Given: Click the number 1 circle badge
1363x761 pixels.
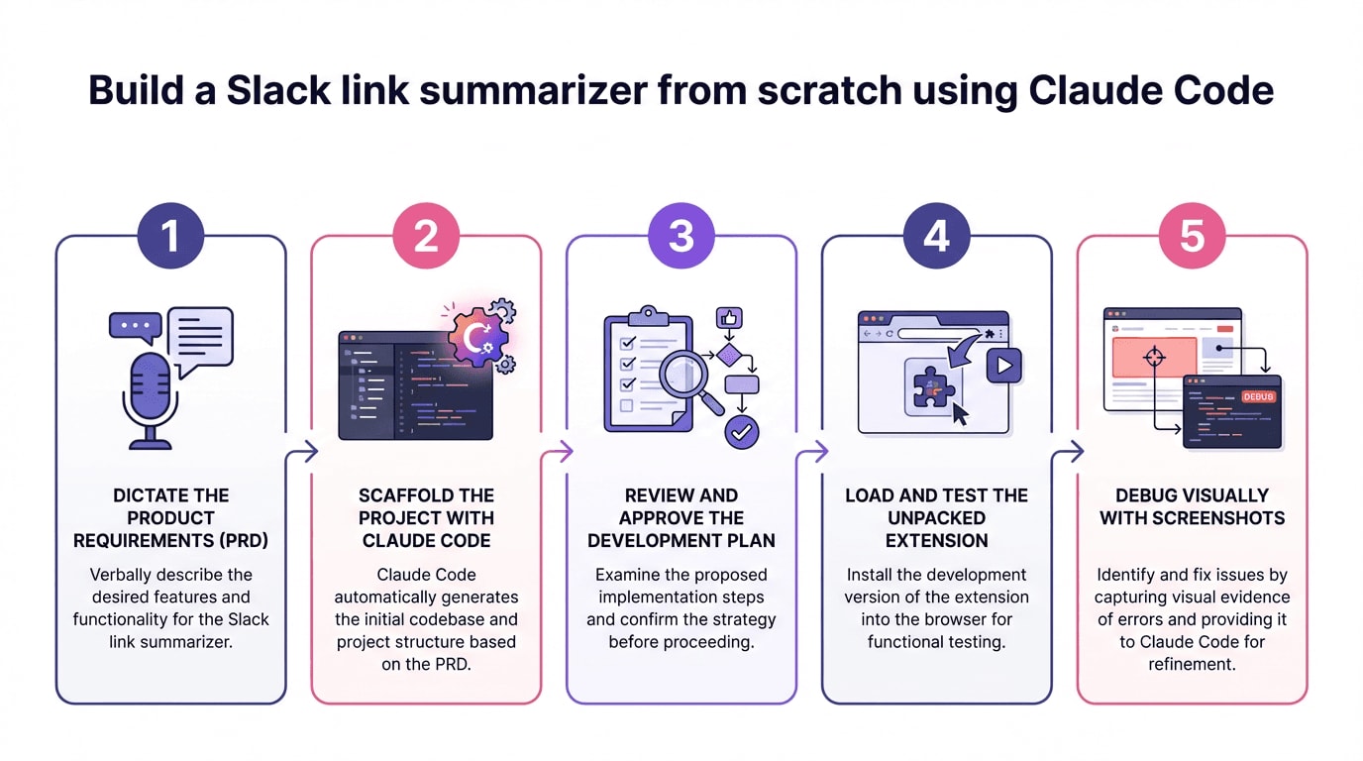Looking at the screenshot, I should point(170,237).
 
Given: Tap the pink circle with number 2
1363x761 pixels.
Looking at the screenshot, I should point(426,237).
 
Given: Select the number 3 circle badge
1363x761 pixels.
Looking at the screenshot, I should point(681,237).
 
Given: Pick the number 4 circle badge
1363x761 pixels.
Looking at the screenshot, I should point(936,237).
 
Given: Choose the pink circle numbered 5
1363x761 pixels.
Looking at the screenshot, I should point(1192,237).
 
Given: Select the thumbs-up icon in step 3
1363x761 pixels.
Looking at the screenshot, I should point(730,318).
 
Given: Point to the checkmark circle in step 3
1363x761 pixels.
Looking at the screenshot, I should point(742,431).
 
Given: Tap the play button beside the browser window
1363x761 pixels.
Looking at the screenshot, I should point(1003,365).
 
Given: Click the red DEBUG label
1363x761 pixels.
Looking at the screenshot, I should point(1258,396).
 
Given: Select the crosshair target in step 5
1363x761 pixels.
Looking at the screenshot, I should point(1155,357).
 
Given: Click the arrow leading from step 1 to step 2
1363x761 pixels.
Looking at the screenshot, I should point(301,453).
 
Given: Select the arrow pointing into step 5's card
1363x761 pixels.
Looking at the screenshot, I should point(1067,453).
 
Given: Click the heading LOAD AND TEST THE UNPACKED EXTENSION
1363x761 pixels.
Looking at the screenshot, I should point(936,518).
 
